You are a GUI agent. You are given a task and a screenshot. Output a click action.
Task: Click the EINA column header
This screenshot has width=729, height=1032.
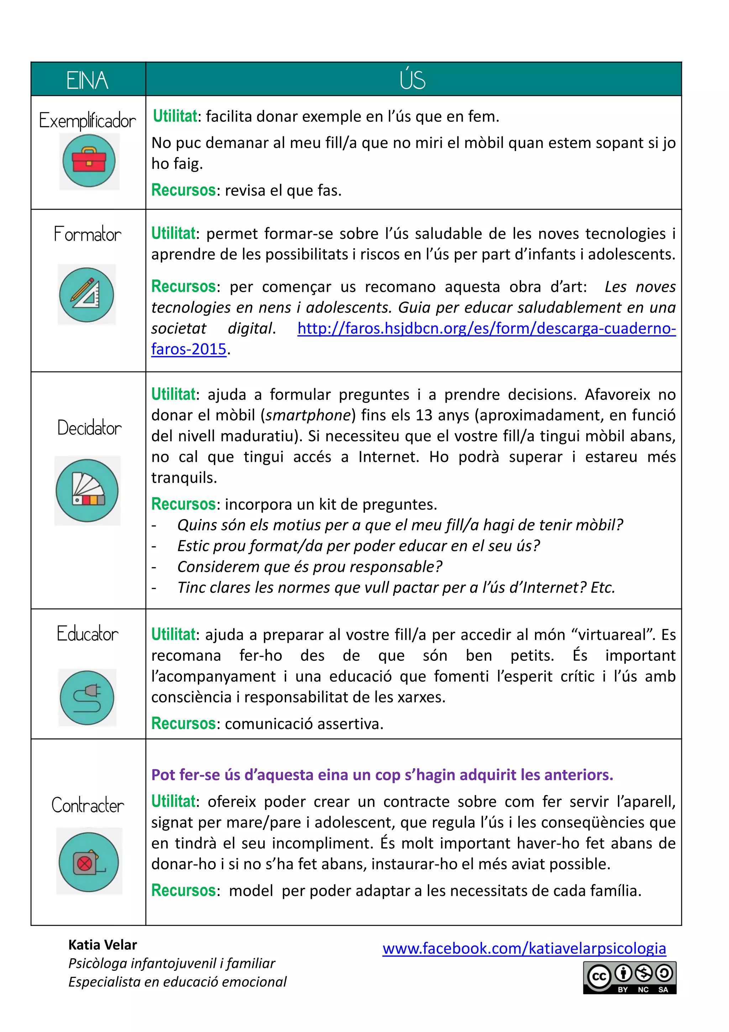88,80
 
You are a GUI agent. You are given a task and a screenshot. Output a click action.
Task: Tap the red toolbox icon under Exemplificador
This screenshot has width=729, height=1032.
89,161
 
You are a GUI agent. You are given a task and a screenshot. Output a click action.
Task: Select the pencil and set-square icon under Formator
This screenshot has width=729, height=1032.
87,295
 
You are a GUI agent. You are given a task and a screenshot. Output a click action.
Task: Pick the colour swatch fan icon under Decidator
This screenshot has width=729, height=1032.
87,490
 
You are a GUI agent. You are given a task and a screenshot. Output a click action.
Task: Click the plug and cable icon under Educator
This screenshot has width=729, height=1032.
87,698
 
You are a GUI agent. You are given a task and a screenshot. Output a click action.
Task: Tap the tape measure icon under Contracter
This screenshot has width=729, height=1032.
89,862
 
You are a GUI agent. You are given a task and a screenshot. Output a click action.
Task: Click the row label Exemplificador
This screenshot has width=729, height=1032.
88,120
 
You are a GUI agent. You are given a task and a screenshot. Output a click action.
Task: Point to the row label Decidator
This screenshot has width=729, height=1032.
89,427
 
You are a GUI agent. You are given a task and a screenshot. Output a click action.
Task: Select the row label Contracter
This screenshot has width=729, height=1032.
88,805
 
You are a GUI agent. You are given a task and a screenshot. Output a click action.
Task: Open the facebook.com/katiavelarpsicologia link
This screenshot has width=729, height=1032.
524,948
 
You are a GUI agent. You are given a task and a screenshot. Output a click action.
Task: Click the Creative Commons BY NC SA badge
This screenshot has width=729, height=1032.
629,978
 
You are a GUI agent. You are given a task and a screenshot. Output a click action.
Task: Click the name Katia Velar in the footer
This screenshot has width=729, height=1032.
103,945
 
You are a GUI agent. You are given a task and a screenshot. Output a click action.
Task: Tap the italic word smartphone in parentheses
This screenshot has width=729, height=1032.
308,415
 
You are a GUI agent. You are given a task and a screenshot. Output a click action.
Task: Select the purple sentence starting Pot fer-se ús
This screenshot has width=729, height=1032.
382,775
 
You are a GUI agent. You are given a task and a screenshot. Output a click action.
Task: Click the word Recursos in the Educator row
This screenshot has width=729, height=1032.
183,724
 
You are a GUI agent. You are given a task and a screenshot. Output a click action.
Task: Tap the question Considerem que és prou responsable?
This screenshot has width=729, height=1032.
309,567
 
